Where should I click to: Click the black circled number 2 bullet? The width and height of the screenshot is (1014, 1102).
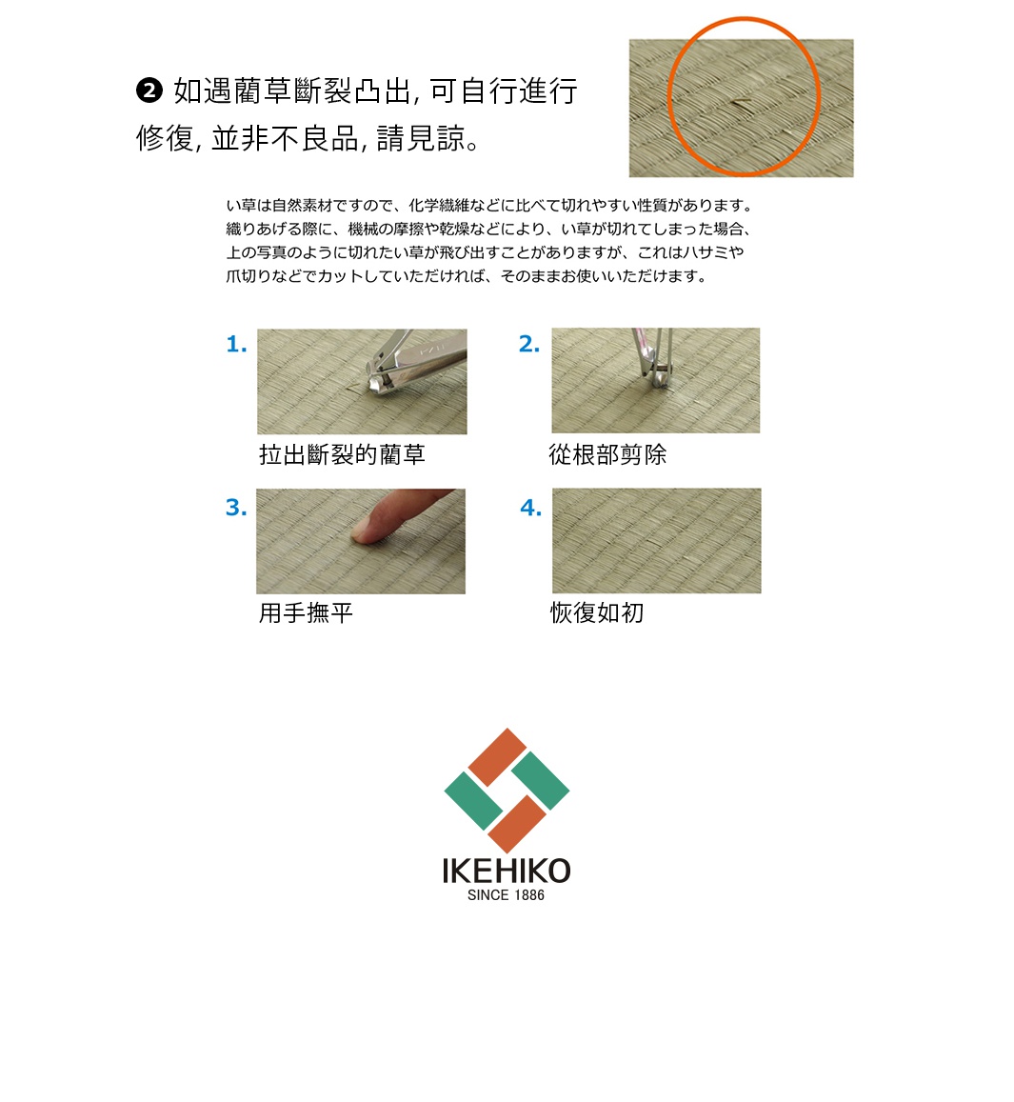click(149, 91)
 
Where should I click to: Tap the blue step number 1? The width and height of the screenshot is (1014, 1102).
click(236, 345)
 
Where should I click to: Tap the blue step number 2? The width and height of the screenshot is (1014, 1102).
click(529, 345)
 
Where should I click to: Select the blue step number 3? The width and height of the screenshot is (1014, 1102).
click(236, 508)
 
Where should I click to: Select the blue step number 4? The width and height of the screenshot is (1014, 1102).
click(530, 508)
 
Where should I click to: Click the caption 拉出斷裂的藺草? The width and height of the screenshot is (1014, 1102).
click(342, 455)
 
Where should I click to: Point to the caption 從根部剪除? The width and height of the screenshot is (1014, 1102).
click(607, 455)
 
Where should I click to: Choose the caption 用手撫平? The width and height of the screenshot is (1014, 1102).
click(306, 612)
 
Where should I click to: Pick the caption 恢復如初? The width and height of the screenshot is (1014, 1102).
click(597, 612)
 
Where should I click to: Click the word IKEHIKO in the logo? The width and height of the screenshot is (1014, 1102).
click(506, 871)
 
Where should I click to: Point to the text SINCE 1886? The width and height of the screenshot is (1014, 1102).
click(506, 895)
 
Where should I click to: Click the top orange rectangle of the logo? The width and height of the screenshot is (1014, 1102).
click(497, 757)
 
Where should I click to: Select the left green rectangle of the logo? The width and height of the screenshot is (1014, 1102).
click(473, 800)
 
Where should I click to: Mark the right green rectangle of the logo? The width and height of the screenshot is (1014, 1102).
click(540, 781)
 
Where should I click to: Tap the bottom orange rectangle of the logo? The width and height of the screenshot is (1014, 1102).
click(517, 824)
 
